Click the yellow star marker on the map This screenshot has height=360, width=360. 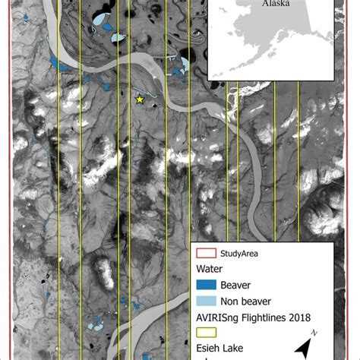(139, 99)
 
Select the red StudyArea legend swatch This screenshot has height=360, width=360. (206, 254)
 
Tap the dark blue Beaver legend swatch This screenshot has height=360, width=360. (206, 285)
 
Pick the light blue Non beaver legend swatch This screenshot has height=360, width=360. (206, 301)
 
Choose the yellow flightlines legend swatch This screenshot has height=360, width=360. (206, 332)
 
